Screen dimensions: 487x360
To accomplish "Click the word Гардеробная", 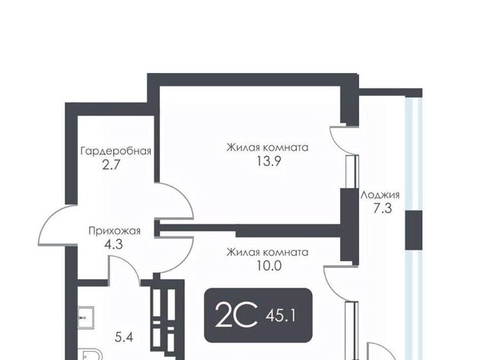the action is coord(116,151).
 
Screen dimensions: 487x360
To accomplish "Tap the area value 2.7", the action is coord(111,165).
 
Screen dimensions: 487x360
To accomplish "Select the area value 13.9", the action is coord(269,161).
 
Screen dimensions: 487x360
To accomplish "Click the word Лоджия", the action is coord(380,196).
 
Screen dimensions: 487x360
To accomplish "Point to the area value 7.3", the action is coord(382,209).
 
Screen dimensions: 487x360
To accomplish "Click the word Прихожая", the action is coord(115,231).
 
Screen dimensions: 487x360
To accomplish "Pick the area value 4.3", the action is coord(113,244).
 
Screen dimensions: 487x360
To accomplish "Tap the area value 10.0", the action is coord(269,266).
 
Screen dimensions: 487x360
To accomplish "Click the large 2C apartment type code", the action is coord(237,315).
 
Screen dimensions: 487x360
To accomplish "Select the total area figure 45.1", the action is coord(281,316).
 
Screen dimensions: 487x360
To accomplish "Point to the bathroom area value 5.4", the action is coord(124,337).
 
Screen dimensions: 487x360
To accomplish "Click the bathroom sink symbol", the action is coord(85,317).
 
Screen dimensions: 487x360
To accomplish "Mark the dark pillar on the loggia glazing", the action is coord(414,230).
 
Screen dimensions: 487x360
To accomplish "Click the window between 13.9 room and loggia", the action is coord(352,171).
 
